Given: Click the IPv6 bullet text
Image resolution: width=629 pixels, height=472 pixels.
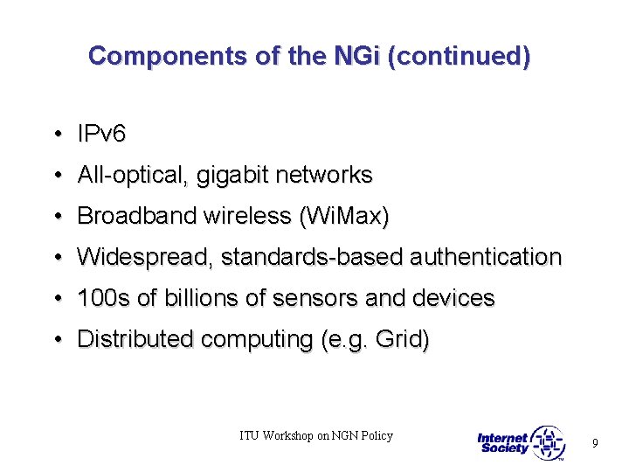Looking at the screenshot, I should point(102,134).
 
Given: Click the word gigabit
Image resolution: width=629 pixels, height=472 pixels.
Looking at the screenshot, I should point(233,175).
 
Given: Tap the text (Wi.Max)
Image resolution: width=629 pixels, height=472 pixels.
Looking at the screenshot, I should point(344,216).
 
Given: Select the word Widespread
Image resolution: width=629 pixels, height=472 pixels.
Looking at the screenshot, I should point(144,257).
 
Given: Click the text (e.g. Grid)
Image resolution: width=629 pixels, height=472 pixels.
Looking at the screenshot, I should point(375,339).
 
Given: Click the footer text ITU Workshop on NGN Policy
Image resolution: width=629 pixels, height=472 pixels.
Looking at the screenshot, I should point(316,435).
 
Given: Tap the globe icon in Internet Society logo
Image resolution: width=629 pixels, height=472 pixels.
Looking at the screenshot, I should point(548,443).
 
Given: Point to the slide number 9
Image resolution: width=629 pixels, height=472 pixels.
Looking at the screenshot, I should point(595,443).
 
